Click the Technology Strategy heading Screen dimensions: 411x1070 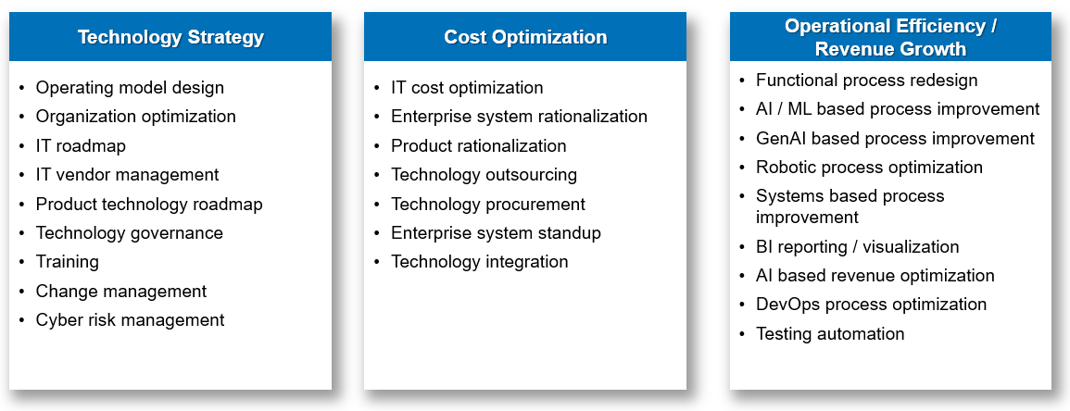(x=170, y=38)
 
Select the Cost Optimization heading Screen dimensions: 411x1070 (x=525, y=38)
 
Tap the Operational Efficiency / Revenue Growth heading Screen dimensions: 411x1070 (x=890, y=38)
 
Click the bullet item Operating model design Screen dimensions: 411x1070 (x=130, y=88)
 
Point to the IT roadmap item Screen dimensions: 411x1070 (x=81, y=146)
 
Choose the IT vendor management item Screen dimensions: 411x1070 (x=127, y=175)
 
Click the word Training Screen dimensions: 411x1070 (x=67, y=262)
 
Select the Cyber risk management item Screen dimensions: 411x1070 (x=130, y=320)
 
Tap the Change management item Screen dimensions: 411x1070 (x=120, y=292)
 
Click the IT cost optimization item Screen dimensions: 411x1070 (x=467, y=88)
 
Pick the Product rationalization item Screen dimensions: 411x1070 (x=478, y=146)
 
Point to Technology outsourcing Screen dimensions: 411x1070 (x=484, y=175)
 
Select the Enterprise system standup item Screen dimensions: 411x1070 (x=496, y=233)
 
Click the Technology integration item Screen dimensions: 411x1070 (x=479, y=262)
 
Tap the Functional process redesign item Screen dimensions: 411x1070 (x=866, y=81)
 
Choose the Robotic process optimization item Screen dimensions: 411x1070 (x=869, y=168)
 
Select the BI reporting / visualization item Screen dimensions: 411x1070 (x=857, y=247)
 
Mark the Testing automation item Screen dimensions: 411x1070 (x=830, y=334)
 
